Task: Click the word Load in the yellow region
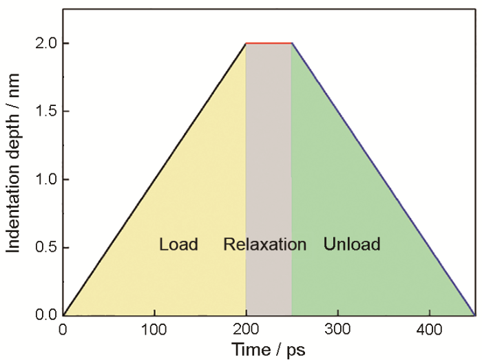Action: (178, 244)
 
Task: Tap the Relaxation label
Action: (264, 244)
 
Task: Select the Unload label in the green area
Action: (352, 244)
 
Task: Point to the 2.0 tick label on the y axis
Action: (46, 43)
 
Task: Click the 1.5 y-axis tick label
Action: (46, 112)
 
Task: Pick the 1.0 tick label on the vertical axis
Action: (46, 180)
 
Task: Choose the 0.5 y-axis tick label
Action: (46, 248)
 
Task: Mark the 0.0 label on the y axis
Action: (46, 315)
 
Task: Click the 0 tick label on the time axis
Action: (63, 330)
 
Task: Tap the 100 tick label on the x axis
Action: (154, 330)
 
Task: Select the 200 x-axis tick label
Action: (246, 330)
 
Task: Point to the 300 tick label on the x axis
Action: (337, 330)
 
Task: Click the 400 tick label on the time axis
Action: (429, 330)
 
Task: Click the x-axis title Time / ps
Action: (269, 350)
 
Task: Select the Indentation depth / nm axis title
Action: (13, 163)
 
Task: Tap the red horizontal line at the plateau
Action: (269, 43)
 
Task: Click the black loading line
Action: (154, 180)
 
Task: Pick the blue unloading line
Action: (384, 180)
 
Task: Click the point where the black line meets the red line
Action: (246, 43)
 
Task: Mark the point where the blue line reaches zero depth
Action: (474, 315)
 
